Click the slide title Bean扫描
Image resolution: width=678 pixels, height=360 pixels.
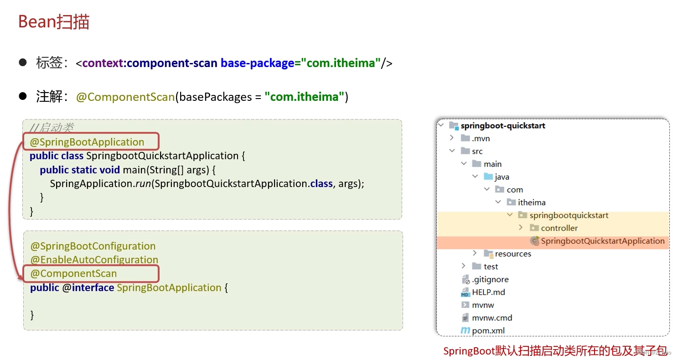(x=54, y=22)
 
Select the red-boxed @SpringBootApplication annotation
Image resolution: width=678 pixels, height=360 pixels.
(x=88, y=142)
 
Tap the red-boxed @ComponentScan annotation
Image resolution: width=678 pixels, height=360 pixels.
(x=74, y=274)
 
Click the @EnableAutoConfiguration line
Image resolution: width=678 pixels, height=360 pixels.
(x=94, y=260)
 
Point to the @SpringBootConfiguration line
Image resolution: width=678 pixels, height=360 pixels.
(x=93, y=246)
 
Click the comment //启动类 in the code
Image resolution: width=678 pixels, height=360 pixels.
(x=52, y=128)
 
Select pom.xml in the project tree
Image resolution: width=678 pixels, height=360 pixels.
(x=488, y=330)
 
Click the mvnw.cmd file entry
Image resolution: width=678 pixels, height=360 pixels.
(x=492, y=318)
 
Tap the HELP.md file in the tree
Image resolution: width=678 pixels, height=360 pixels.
(x=488, y=292)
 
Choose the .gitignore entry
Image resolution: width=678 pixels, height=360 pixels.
(x=490, y=279)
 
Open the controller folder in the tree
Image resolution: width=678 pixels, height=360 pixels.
(x=559, y=228)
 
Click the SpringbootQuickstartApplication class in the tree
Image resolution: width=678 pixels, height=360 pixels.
(x=602, y=241)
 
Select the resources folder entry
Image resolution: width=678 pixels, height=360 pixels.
(x=513, y=254)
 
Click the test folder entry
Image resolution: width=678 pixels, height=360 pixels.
(x=491, y=266)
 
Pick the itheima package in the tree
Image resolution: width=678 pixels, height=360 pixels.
(x=531, y=203)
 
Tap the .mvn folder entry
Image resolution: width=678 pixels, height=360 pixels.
(x=481, y=138)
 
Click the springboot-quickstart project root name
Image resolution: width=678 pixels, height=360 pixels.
(x=502, y=125)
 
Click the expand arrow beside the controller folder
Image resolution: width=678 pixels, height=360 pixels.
(x=521, y=228)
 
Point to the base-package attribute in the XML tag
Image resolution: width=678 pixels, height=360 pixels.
(x=257, y=63)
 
